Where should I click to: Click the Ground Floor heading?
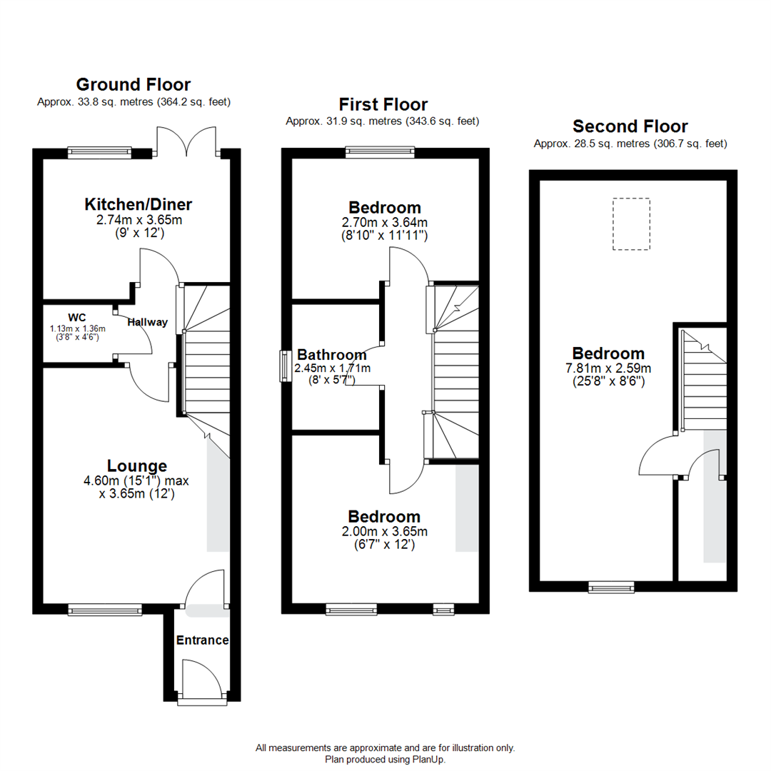tap(133, 84)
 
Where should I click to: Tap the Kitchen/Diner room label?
tap(138, 205)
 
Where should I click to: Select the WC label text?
tap(77, 316)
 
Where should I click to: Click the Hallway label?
tap(147, 322)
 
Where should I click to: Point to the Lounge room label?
tap(137, 466)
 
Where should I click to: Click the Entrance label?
tap(202, 640)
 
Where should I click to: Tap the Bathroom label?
tap(331, 355)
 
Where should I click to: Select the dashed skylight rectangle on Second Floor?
tap(631, 224)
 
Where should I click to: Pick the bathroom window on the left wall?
tap(285, 366)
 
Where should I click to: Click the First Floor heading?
tap(383, 105)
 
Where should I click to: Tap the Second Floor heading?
tap(630, 126)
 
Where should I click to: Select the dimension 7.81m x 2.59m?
tap(608, 368)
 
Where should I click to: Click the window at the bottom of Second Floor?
tap(611, 588)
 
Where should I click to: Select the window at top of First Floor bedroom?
tap(379, 151)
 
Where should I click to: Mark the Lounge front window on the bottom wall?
tap(105, 610)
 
